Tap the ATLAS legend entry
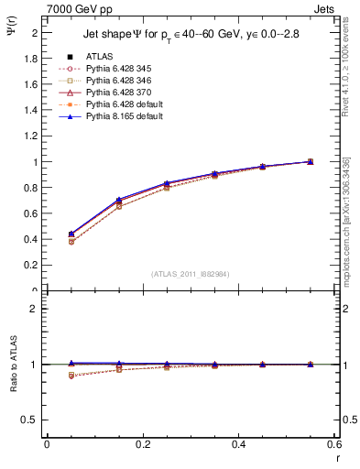(x=99, y=56)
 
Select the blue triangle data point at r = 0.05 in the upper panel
(x=71, y=234)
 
